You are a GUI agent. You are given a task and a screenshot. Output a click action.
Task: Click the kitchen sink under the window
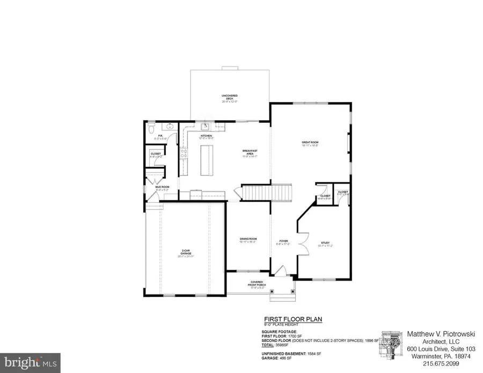pos(205,127)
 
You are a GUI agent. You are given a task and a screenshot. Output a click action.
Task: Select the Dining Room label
pos(247,240)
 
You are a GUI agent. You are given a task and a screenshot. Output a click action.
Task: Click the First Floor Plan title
pos(292,319)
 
